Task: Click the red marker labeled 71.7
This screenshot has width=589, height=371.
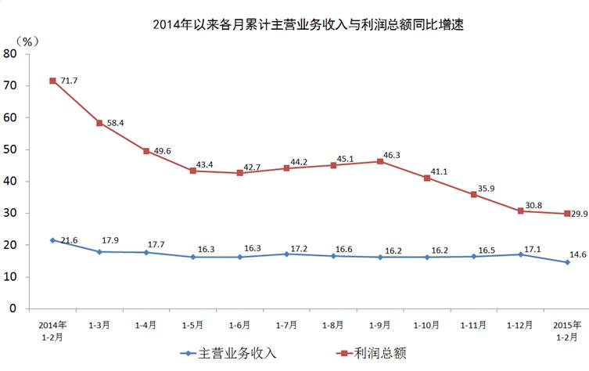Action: [53, 81]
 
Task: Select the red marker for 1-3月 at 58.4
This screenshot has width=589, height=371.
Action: [99, 123]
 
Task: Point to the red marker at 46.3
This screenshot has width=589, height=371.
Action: [380, 161]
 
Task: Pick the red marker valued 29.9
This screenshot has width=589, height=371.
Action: [567, 214]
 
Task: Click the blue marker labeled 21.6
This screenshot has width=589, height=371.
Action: [53, 240]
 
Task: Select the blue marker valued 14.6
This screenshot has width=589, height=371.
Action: [567, 262]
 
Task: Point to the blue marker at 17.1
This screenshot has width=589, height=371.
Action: [520, 254]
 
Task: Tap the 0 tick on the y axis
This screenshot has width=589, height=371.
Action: [13, 308]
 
